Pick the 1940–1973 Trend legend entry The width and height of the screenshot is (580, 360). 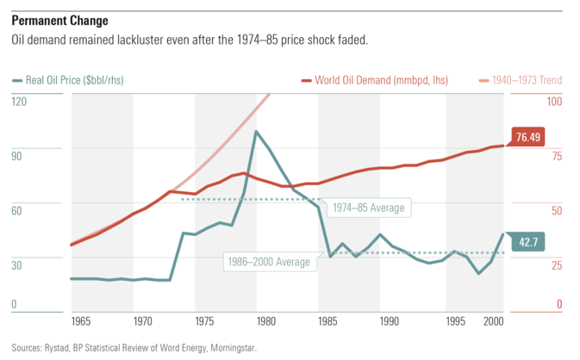click(527, 81)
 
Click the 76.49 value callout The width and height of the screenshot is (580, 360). click(527, 137)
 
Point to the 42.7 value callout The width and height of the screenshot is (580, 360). click(526, 243)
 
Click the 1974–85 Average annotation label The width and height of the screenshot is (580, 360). click(367, 208)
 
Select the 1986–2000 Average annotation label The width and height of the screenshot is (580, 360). click(268, 262)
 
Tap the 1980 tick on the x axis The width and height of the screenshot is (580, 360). click(265, 321)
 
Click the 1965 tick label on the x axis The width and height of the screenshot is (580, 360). click(83, 321)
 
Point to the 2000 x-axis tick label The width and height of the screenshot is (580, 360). click(493, 321)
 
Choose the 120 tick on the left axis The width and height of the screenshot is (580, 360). click(19, 102)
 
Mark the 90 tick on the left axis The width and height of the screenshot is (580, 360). click(17, 155)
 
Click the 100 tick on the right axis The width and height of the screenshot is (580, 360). click(554, 102)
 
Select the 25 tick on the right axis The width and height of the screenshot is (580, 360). click(556, 264)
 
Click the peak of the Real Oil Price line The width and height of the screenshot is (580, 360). click(256, 131)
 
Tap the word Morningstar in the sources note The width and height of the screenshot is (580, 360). click(231, 349)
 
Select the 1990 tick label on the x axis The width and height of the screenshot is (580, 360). click(390, 321)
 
